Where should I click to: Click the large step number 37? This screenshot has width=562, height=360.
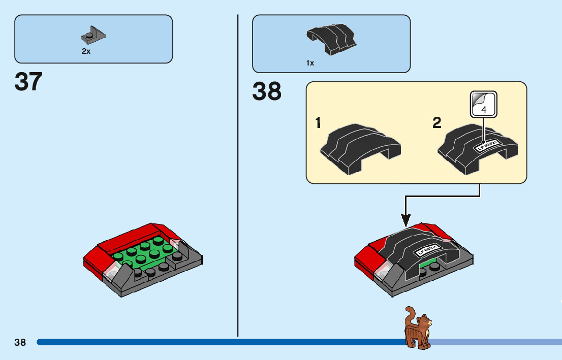(28, 82)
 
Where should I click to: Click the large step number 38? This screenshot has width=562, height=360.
(267, 92)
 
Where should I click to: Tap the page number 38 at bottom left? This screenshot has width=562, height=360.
(20, 342)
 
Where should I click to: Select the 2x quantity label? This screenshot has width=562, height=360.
(86, 51)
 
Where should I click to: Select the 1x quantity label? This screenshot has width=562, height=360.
(310, 63)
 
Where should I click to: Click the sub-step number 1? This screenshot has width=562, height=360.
(318, 123)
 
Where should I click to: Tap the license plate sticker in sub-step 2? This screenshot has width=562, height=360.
(488, 146)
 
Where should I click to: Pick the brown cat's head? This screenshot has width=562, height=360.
(424, 321)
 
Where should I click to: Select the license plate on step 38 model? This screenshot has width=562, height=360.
(427, 251)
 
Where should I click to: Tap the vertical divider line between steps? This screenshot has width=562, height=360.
(238, 178)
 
